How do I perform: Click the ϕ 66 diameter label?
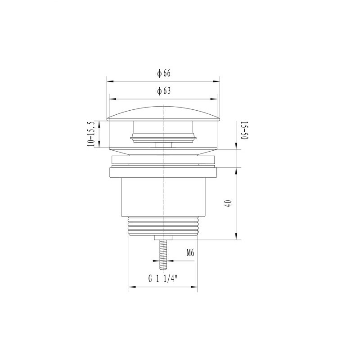pos(164,73)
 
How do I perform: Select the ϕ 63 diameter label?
pos(164,91)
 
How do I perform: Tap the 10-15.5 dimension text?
pos(91,134)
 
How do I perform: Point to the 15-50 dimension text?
pos(244,130)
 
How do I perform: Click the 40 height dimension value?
pos(229,203)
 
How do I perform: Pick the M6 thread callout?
pos(190,253)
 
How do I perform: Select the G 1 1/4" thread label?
pos(163,279)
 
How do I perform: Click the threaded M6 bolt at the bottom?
pos(163,255)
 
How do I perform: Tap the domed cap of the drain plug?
pos(163,113)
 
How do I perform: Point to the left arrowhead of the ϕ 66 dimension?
pos(110,81)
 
